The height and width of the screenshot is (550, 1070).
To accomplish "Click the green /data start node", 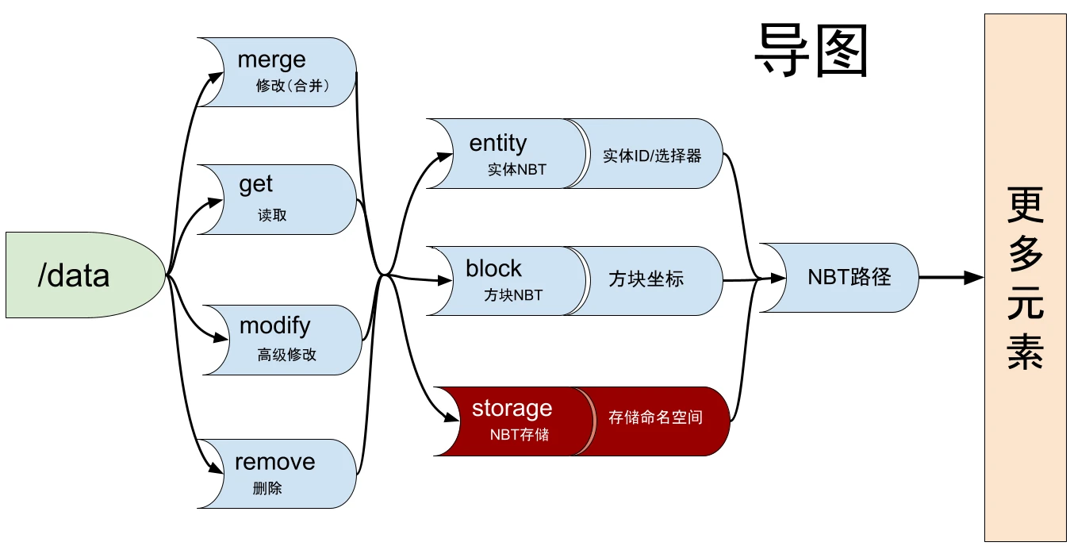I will click(79, 275).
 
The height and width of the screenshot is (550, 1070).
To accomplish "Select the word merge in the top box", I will click(271, 60).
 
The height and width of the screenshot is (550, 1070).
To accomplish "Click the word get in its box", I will click(256, 184).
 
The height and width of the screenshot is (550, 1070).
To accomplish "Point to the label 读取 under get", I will click(272, 215).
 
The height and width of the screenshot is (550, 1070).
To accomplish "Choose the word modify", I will click(274, 325).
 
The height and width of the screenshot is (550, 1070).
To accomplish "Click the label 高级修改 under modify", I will click(286, 356).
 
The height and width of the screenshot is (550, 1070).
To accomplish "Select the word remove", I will click(274, 462).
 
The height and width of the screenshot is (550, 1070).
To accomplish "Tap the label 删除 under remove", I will click(267, 489).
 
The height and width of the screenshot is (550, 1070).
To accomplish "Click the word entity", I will click(497, 143).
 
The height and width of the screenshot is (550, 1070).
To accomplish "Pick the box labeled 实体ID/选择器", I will click(652, 155).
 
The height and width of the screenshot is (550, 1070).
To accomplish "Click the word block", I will click(493, 268).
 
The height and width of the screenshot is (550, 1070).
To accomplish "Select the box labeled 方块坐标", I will click(646, 280).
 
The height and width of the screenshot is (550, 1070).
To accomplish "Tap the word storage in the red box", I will click(512, 409).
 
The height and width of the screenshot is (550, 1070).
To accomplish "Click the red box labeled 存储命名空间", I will click(655, 417).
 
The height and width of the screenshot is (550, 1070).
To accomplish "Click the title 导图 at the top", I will click(811, 49).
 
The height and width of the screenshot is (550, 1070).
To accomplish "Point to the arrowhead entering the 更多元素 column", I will click(974, 278).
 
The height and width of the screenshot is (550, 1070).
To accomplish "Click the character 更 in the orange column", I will click(1025, 206).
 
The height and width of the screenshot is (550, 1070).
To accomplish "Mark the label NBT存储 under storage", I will click(519, 435).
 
